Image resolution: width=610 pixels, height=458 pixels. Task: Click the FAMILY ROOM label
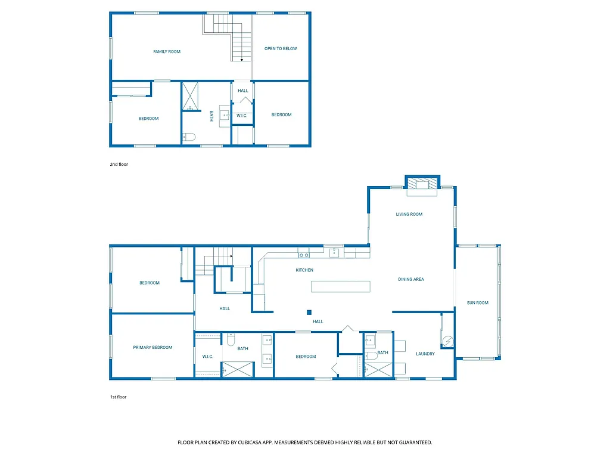click(x=167, y=52)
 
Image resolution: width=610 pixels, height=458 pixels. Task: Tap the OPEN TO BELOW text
click(x=281, y=49)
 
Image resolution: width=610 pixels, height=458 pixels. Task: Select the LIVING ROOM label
click(x=409, y=215)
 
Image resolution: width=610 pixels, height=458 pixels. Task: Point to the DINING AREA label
click(x=411, y=279)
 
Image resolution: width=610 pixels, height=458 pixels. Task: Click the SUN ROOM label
click(x=478, y=303)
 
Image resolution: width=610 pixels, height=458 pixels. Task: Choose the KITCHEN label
click(x=304, y=270)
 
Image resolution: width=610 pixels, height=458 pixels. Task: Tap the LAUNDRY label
click(x=425, y=354)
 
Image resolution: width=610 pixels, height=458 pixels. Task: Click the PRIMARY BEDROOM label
click(x=152, y=348)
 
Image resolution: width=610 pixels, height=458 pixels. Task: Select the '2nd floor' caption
click(x=119, y=164)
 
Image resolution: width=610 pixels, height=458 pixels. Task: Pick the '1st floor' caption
click(x=118, y=397)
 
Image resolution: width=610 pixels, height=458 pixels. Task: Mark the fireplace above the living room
click(x=422, y=184)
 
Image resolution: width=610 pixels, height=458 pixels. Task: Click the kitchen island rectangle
click(x=340, y=286)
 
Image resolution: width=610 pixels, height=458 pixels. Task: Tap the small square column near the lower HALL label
click(x=309, y=312)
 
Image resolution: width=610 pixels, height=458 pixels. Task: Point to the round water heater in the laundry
click(x=447, y=342)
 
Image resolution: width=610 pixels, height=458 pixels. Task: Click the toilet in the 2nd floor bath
click(x=189, y=137)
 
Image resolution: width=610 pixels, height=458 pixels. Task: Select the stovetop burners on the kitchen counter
click(x=304, y=255)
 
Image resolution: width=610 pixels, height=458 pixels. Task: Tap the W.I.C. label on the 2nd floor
click(x=242, y=116)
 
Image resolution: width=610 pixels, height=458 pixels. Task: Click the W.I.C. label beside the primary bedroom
click(x=208, y=357)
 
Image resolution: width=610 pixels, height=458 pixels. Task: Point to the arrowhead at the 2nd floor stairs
click(x=242, y=60)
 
